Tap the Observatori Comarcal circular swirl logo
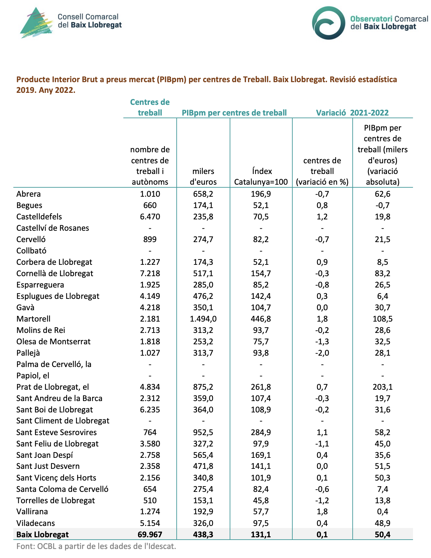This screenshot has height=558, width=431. click(x=328, y=23)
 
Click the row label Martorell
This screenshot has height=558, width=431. click(x=33, y=319)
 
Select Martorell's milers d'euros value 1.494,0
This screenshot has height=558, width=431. click(x=203, y=319)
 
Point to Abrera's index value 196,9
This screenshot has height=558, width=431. click(x=261, y=194)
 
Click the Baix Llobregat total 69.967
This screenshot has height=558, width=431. click(x=150, y=534)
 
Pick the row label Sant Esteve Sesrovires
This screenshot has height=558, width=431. click(x=56, y=432)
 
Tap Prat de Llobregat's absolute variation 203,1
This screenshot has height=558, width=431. click(x=383, y=387)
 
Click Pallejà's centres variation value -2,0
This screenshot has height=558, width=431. click(x=322, y=353)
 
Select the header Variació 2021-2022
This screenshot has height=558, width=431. click(x=352, y=113)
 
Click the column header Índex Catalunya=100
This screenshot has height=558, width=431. click(x=261, y=177)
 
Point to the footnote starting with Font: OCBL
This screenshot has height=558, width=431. click(x=96, y=547)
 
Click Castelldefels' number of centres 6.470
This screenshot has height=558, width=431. click(x=150, y=217)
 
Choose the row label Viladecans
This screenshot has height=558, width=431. click(x=36, y=523)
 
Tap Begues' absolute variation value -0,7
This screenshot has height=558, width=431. click(x=383, y=205)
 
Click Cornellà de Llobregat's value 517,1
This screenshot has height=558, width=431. click(x=203, y=273)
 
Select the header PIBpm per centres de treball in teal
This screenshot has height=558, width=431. click(x=234, y=113)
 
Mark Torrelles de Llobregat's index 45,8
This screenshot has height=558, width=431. click(x=261, y=501)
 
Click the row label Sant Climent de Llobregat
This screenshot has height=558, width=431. click(x=63, y=421)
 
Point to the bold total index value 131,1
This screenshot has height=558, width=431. click(x=261, y=534)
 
